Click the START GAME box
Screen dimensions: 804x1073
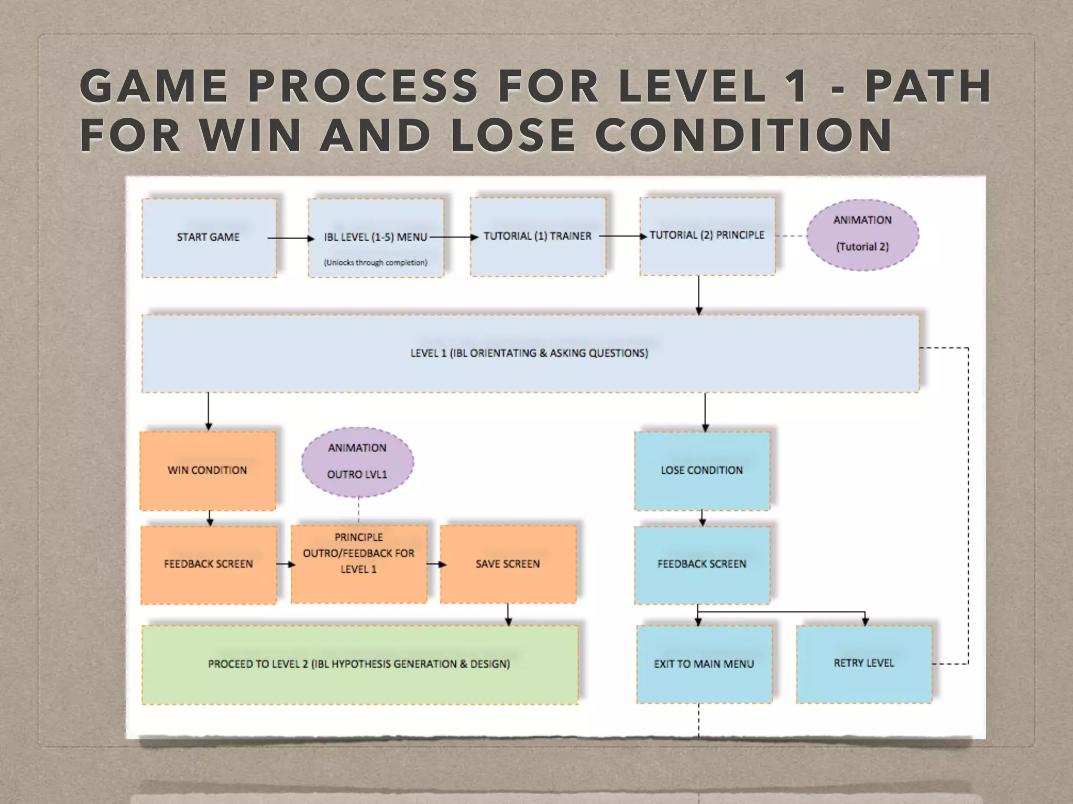tap(209, 237)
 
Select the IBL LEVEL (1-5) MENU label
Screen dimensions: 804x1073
tap(375, 237)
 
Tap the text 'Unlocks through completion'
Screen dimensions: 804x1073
tap(375, 262)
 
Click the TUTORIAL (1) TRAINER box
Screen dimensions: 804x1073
tap(538, 237)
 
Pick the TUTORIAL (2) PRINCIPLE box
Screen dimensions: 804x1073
tap(707, 236)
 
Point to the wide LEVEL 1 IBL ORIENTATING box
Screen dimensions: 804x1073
tap(529, 353)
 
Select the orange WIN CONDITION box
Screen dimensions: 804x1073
tap(207, 470)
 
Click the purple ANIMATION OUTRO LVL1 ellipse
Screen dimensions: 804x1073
tap(357, 462)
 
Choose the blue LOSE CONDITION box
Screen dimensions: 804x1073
tap(702, 470)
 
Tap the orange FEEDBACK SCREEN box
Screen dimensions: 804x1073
tap(209, 564)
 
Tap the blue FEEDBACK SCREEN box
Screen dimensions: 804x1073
tap(702, 564)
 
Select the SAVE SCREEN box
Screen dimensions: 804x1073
tap(508, 564)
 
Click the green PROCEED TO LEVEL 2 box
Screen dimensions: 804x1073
tap(359, 664)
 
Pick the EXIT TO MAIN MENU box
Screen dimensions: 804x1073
tap(704, 664)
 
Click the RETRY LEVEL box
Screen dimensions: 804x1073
tap(864, 663)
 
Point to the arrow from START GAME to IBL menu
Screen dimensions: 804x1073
tap(291, 238)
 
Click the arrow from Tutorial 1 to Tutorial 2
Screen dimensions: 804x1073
tap(622, 236)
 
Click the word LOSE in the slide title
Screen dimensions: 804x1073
tap(512, 135)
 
